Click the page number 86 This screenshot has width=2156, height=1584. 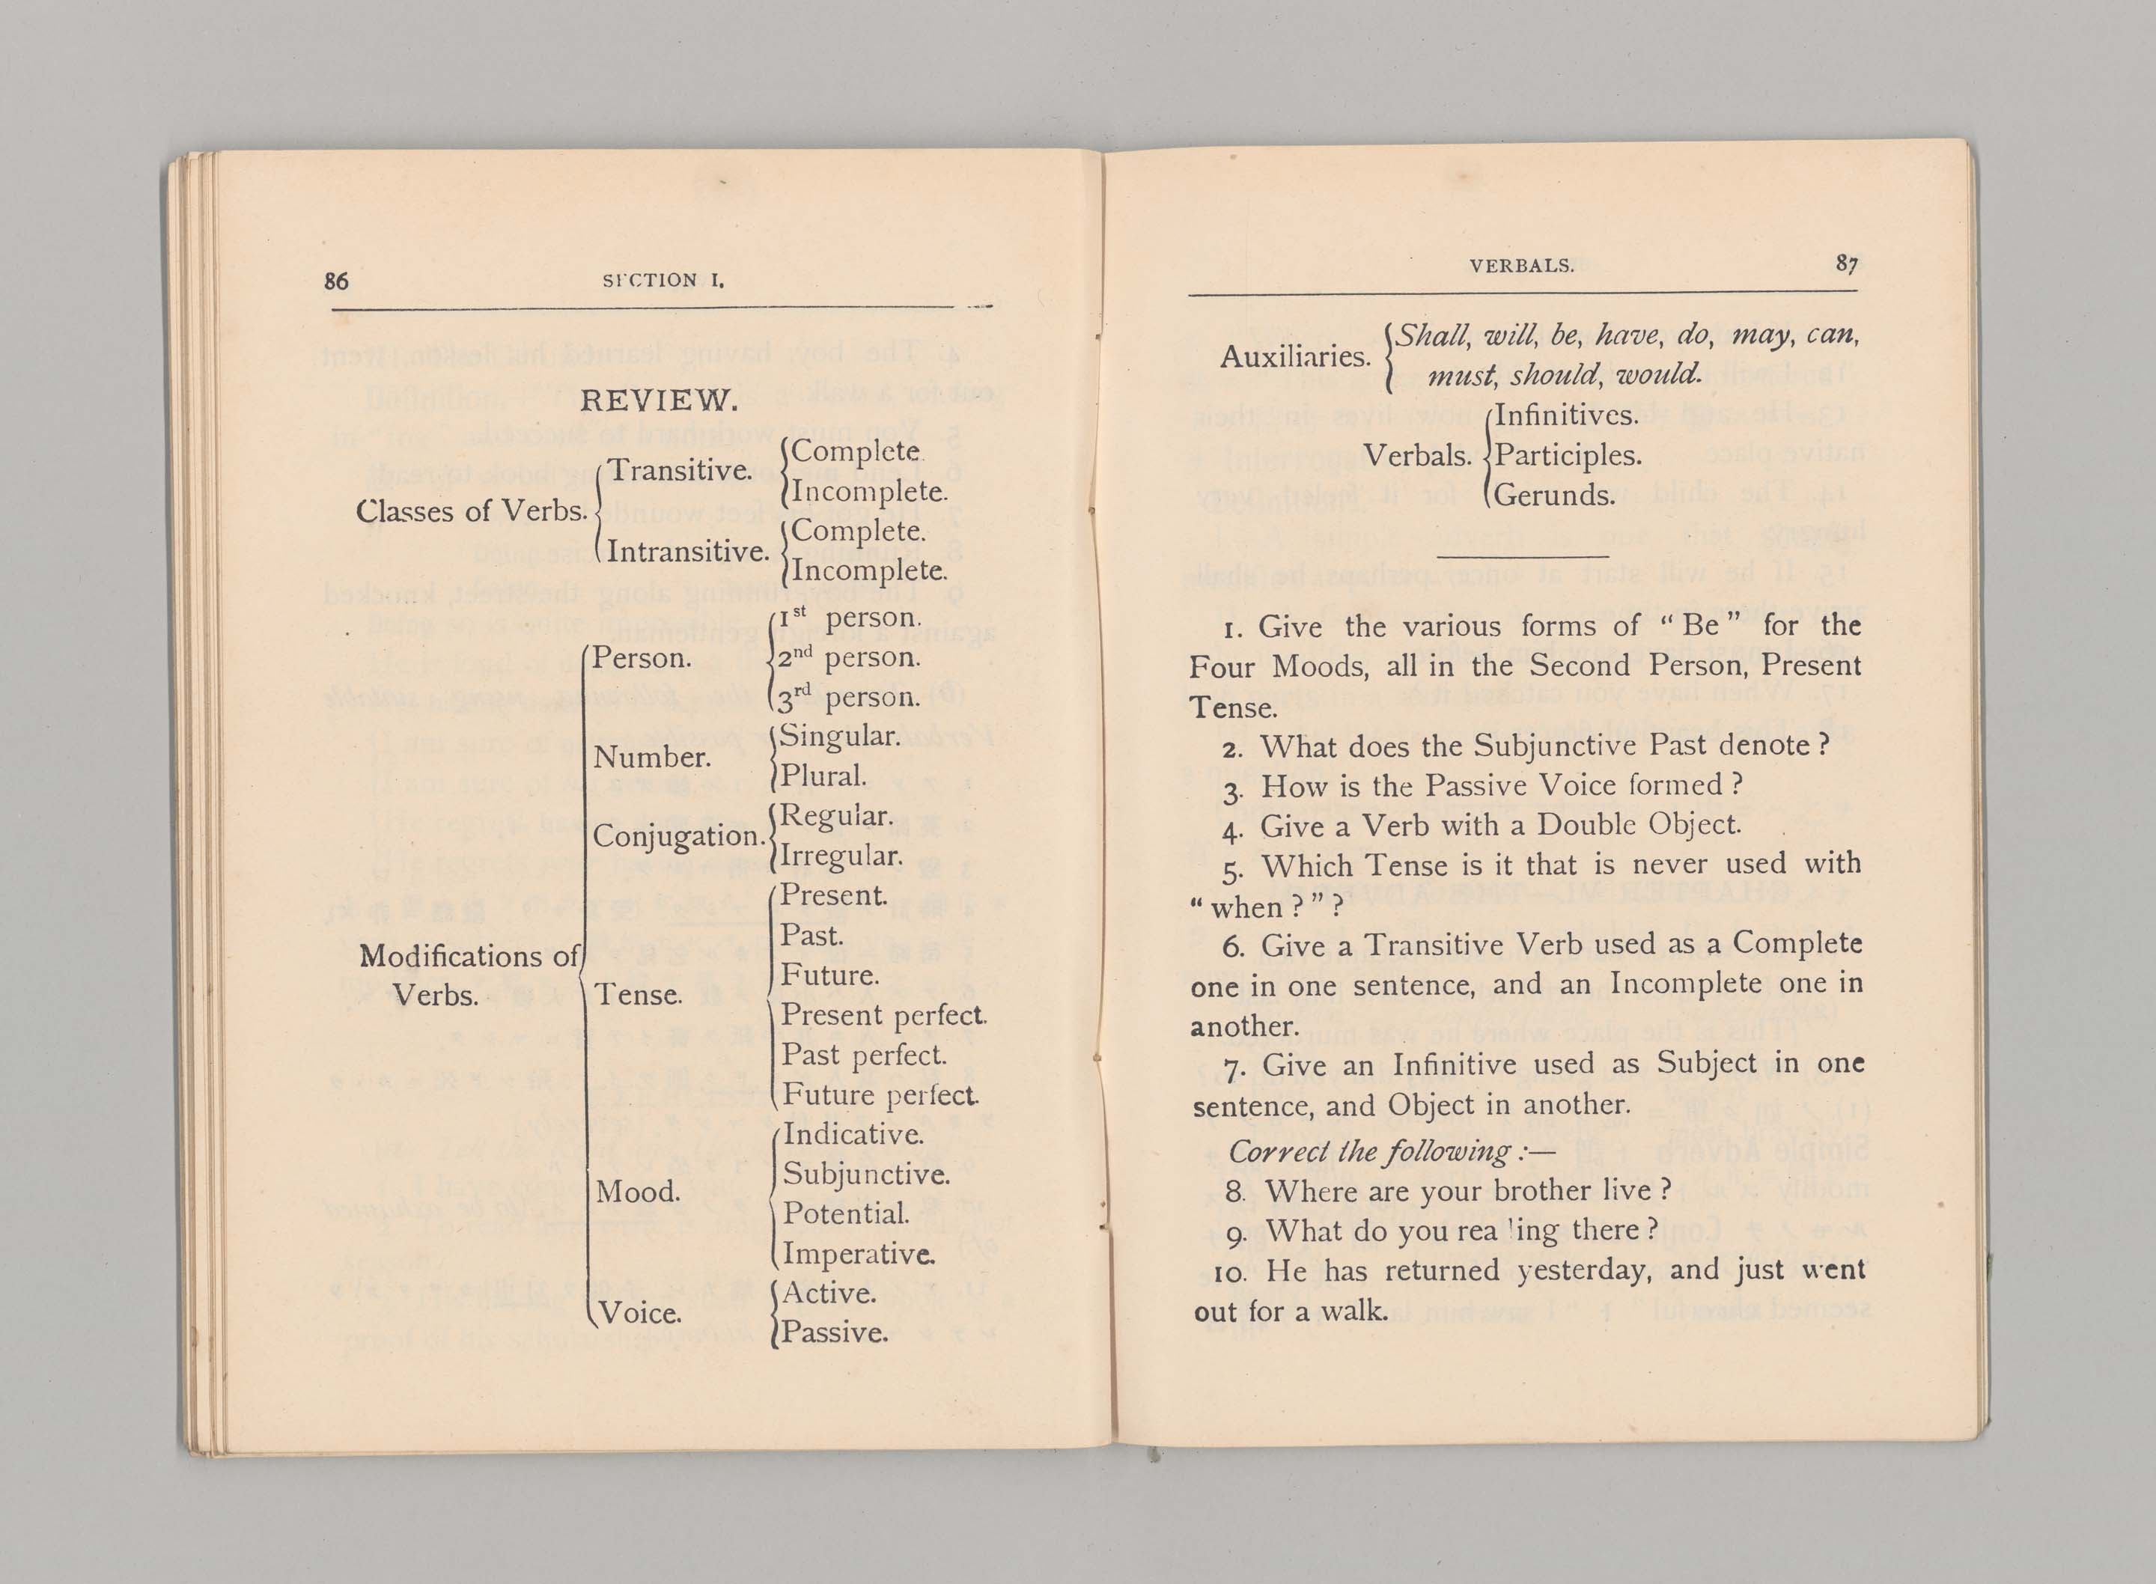(336, 281)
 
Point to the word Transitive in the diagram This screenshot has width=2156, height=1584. (680, 471)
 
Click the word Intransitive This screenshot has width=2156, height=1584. (687, 552)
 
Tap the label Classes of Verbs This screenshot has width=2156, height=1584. (471, 511)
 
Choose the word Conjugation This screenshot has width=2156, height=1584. (677, 836)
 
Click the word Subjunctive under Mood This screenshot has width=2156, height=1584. (865, 1175)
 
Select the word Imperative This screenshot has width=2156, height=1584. (858, 1254)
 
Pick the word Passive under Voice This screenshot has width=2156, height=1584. (834, 1332)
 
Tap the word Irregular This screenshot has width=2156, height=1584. (841, 856)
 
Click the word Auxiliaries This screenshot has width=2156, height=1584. (1294, 356)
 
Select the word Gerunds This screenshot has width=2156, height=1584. (1555, 496)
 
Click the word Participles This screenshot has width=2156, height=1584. (1568, 455)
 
